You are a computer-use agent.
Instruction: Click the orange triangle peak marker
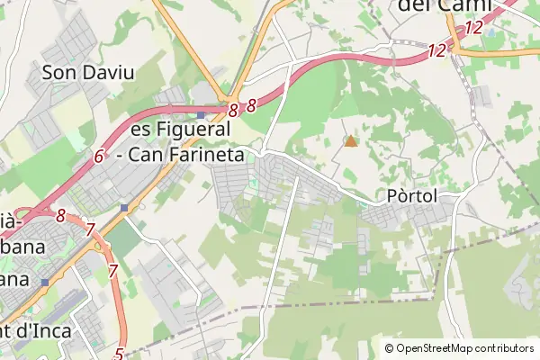[x=350, y=140]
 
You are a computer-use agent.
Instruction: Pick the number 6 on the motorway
[x=99, y=156]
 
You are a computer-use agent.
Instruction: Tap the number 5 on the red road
[x=119, y=354]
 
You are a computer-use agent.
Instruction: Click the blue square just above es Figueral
[x=200, y=116]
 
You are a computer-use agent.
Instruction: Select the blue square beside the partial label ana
[x=44, y=282]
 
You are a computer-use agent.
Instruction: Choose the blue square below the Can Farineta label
[x=123, y=208]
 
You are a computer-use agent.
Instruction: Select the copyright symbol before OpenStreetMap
[x=389, y=348]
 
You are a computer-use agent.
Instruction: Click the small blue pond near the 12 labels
[x=490, y=31]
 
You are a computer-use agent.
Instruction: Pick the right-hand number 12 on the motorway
[x=473, y=28]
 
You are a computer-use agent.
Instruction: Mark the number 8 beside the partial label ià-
[x=61, y=216]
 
